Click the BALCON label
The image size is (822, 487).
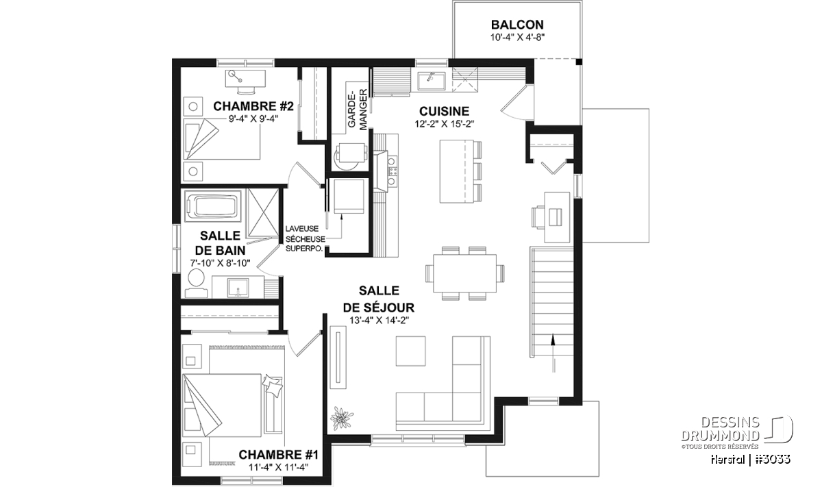point(517,25)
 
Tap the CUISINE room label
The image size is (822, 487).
point(444,111)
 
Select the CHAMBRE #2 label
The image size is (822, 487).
point(253,106)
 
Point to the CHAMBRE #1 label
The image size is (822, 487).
point(278,455)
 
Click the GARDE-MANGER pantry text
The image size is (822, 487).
point(357,110)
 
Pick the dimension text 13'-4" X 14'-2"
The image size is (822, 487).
point(379,321)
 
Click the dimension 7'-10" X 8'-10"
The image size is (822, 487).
point(220,263)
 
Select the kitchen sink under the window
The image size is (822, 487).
point(431,82)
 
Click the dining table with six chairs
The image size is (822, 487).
point(464,273)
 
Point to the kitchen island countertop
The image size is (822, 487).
point(456,171)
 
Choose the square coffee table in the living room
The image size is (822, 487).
point(410,351)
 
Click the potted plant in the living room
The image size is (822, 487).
point(342,418)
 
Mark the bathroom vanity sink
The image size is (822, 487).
point(238,288)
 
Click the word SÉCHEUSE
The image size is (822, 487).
point(306,239)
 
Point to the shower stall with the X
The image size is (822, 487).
point(264,213)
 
